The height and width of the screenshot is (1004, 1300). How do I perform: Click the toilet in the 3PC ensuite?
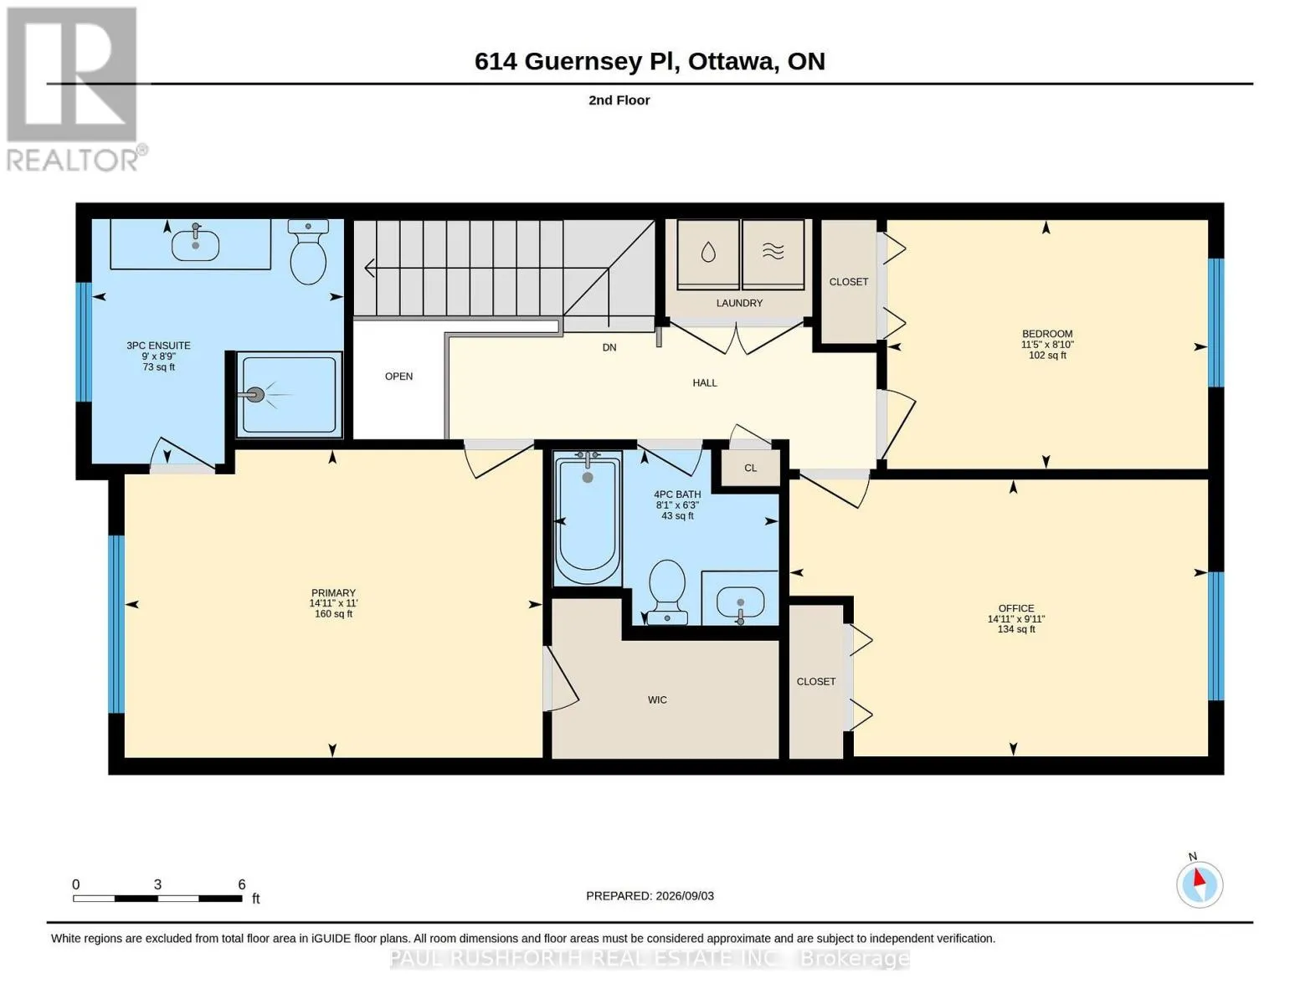[308, 252]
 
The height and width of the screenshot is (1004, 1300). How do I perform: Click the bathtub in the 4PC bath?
[588, 519]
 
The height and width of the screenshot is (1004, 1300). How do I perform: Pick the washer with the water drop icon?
[707, 254]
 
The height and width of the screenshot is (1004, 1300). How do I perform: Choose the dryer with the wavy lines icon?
[773, 254]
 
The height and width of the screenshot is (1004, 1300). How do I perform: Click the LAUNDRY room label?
[739, 303]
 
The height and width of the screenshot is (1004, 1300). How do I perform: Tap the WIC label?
[657, 699]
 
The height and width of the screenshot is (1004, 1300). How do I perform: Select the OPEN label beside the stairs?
[398, 376]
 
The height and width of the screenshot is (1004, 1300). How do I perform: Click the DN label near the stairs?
[609, 347]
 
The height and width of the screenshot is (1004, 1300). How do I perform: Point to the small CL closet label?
[750, 469]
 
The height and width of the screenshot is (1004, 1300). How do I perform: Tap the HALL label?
[705, 382]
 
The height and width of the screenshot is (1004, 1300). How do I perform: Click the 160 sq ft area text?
[333, 614]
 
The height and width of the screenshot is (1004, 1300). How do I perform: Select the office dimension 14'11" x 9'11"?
[1016, 619]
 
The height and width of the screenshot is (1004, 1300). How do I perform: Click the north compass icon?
[1199, 884]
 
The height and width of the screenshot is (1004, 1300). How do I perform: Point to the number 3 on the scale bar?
[157, 884]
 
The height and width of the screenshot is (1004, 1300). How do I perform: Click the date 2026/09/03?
[685, 896]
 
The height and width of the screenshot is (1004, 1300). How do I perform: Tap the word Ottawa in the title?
[732, 62]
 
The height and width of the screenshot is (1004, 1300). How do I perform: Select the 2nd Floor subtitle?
[619, 100]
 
